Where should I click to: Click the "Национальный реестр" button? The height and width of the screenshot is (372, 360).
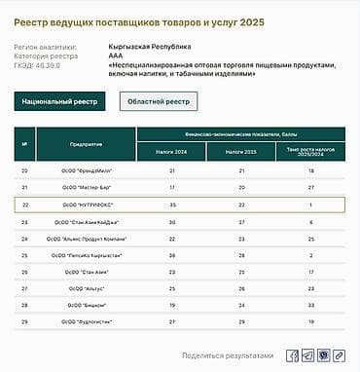tap(59, 101)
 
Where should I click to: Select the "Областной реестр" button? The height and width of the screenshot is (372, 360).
tap(159, 101)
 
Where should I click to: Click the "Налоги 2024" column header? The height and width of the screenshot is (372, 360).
tap(172, 152)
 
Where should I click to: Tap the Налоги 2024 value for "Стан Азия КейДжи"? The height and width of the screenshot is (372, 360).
tap(172, 222)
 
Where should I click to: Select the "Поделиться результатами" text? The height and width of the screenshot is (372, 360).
tap(228, 355)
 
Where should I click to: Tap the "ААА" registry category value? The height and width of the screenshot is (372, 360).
tap(115, 56)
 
